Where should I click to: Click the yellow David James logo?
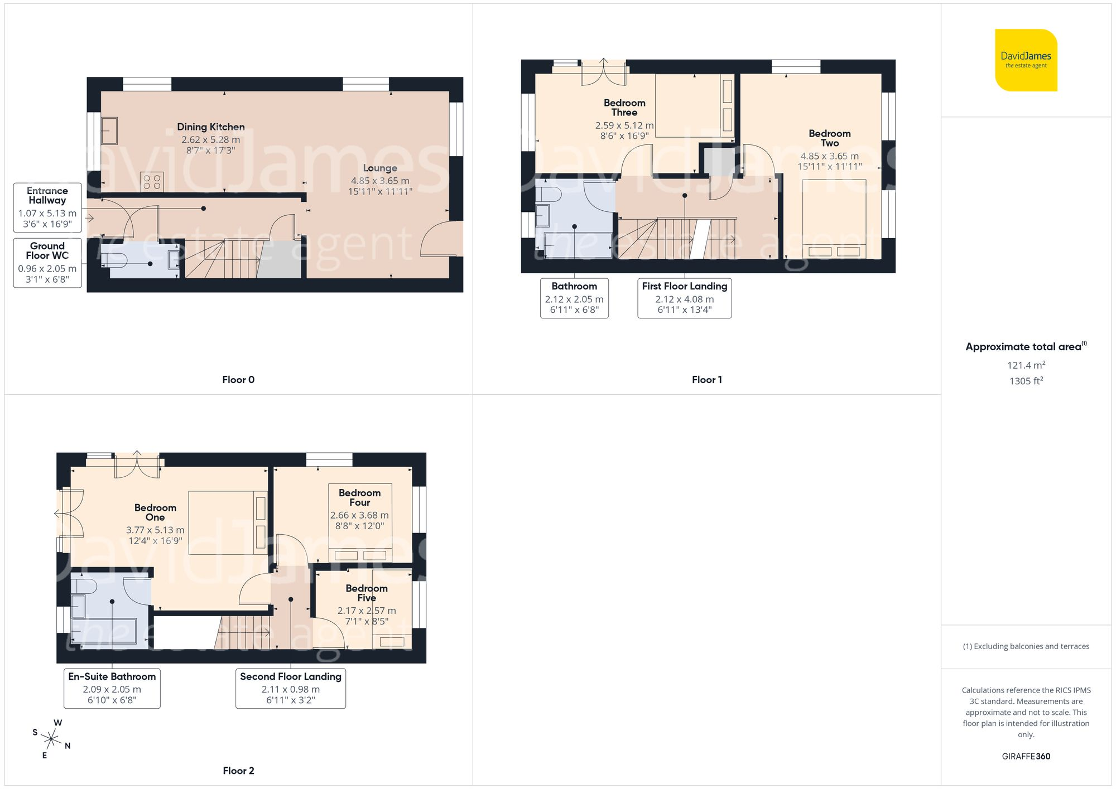(x=1026, y=60)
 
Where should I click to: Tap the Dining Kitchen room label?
(x=211, y=127)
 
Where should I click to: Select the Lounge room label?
(x=380, y=168)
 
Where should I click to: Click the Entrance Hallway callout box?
(x=47, y=207)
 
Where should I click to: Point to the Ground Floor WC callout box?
(x=47, y=263)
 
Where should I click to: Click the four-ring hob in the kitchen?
(x=152, y=181)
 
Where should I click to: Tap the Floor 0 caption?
(x=238, y=380)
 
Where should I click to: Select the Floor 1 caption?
(x=707, y=380)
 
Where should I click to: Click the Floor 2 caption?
(x=238, y=771)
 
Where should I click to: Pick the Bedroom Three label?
(x=624, y=108)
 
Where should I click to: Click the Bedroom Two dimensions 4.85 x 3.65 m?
(x=830, y=156)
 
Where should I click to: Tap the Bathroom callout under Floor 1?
(x=574, y=298)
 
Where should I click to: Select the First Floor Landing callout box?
(x=685, y=298)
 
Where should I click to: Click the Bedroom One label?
(x=155, y=512)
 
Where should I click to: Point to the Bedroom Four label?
(x=360, y=497)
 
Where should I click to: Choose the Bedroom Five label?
(x=367, y=593)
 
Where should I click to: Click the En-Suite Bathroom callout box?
(x=112, y=689)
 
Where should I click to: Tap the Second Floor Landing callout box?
(x=291, y=689)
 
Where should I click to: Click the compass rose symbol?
(x=51, y=739)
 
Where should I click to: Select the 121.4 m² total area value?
(x=1026, y=365)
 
